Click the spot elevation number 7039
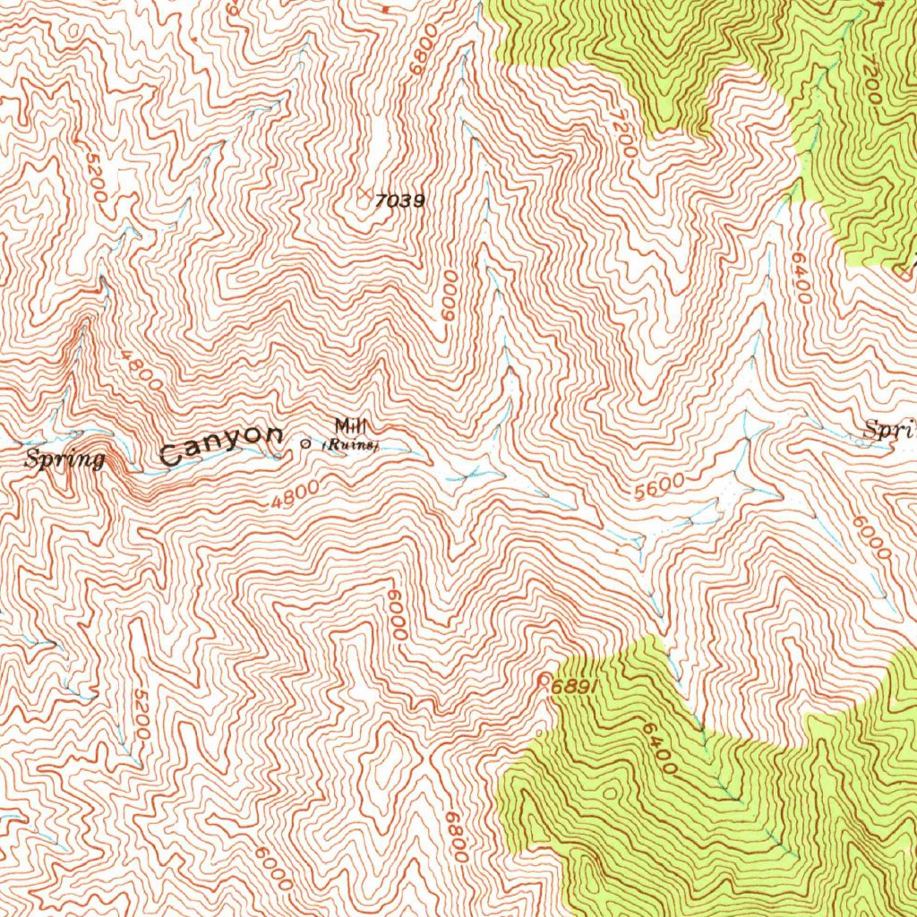(x=399, y=201)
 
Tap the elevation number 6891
(x=574, y=687)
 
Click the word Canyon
(x=221, y=444)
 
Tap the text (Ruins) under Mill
(x=351, y=444)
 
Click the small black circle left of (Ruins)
(x=306, y=443)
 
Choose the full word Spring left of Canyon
(x=65, y=460)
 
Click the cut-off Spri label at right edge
(x=888, y=431)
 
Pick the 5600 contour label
(x=659, y=487)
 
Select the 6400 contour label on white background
(x=801, y=277)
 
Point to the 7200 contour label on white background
(x=624, y=135)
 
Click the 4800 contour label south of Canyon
(x=295, y=493)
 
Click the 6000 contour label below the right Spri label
(x=871, y=538)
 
